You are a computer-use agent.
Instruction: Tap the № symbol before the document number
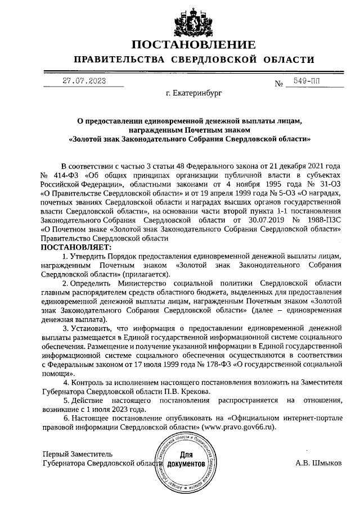[x=278, y=84]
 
